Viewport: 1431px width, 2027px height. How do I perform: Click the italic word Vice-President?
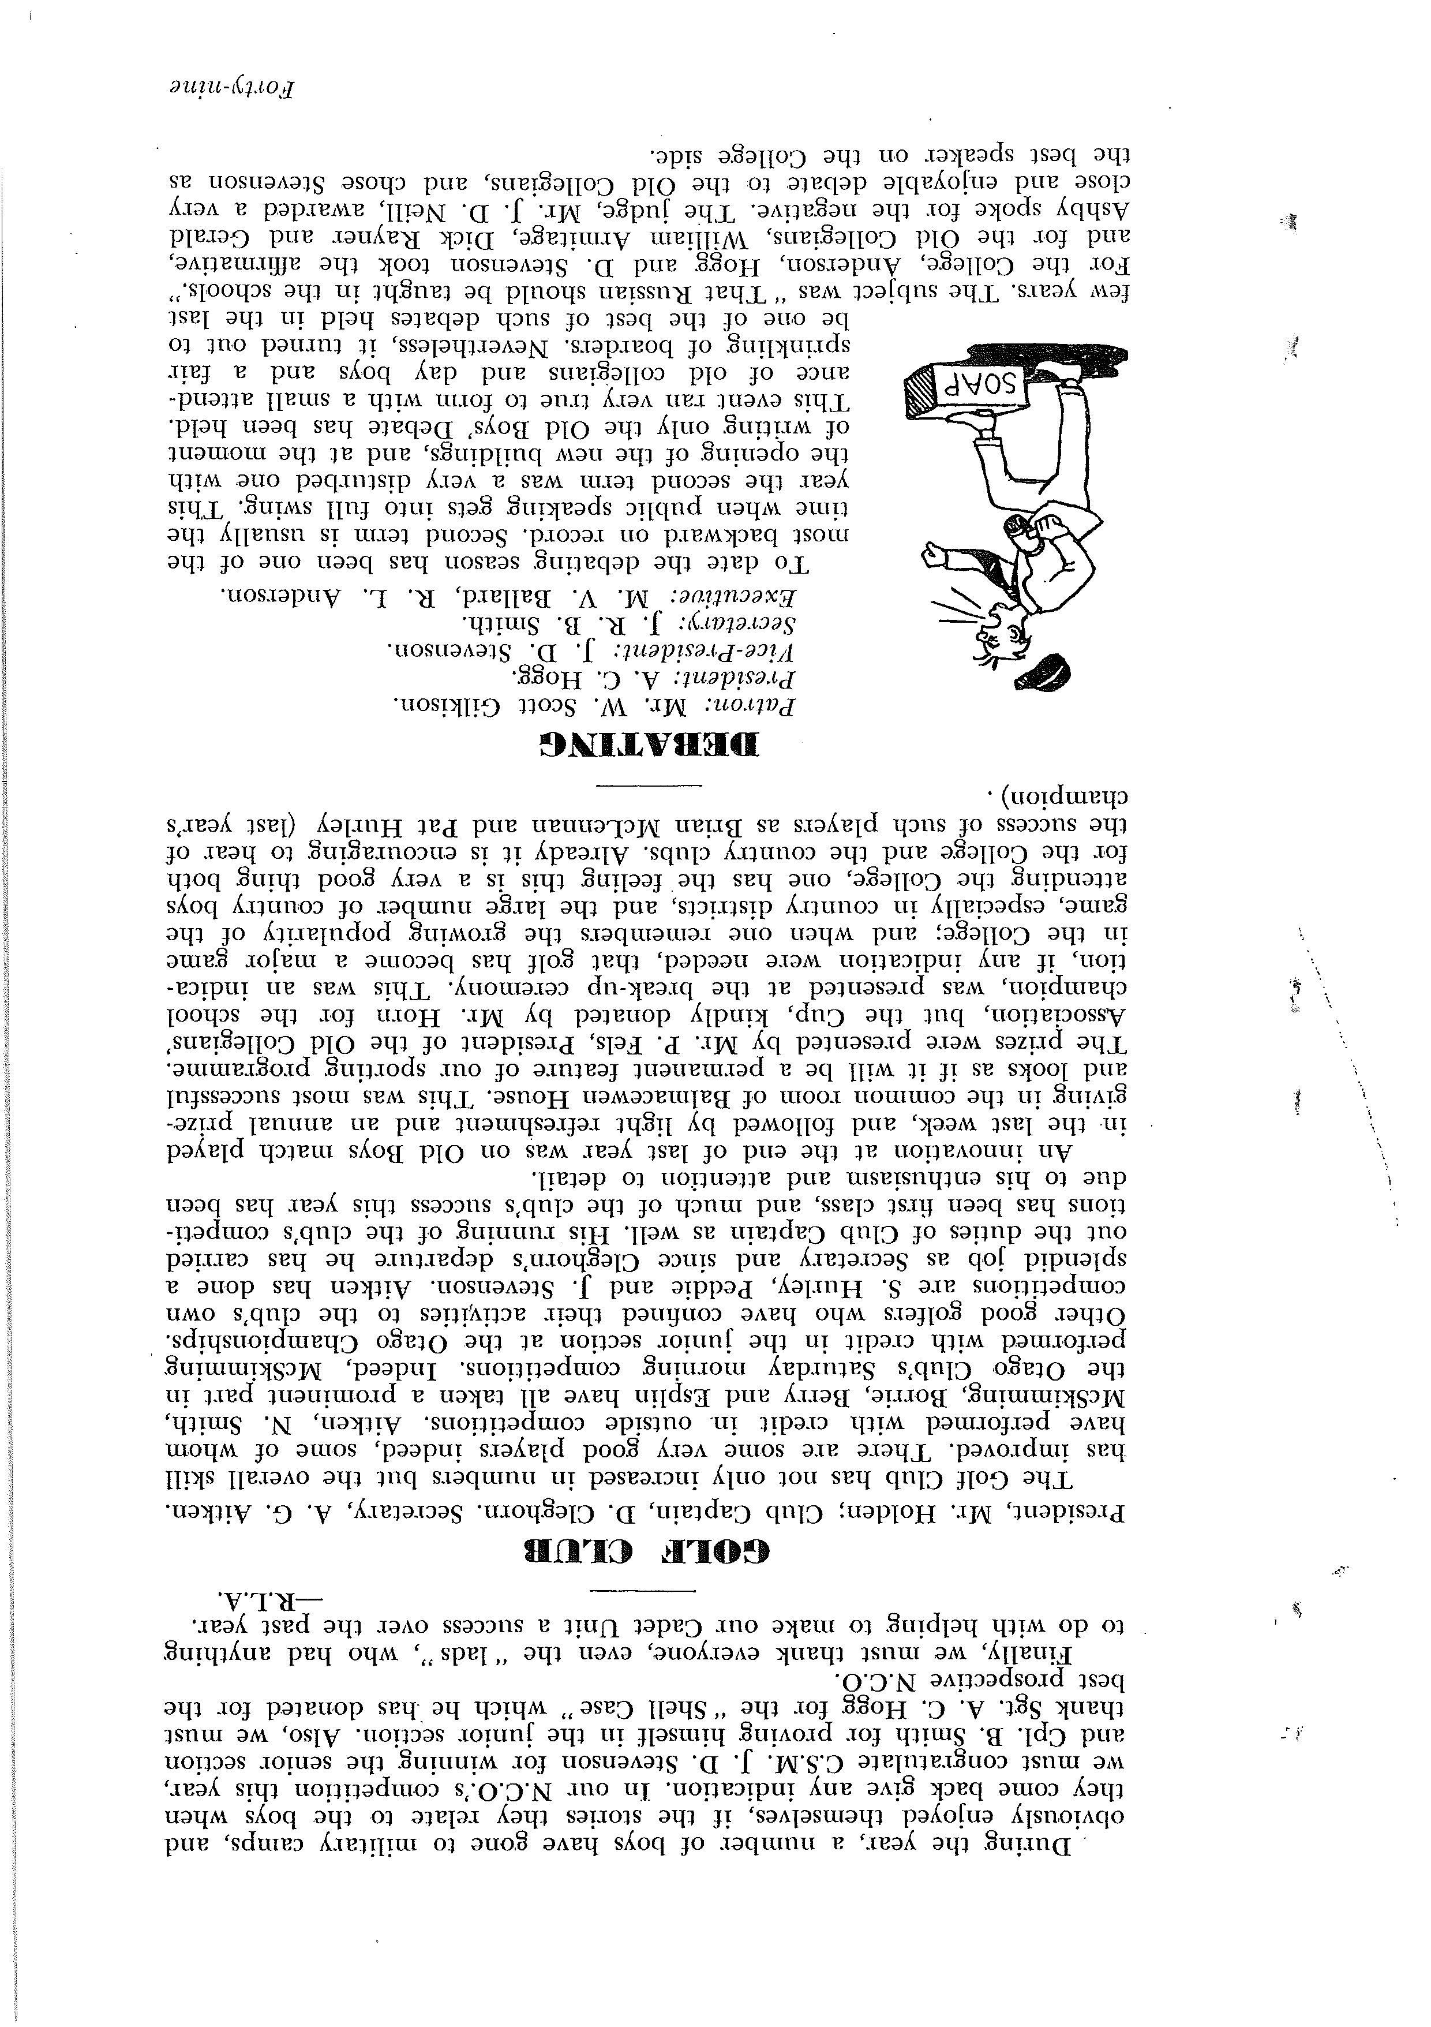point(720,650)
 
